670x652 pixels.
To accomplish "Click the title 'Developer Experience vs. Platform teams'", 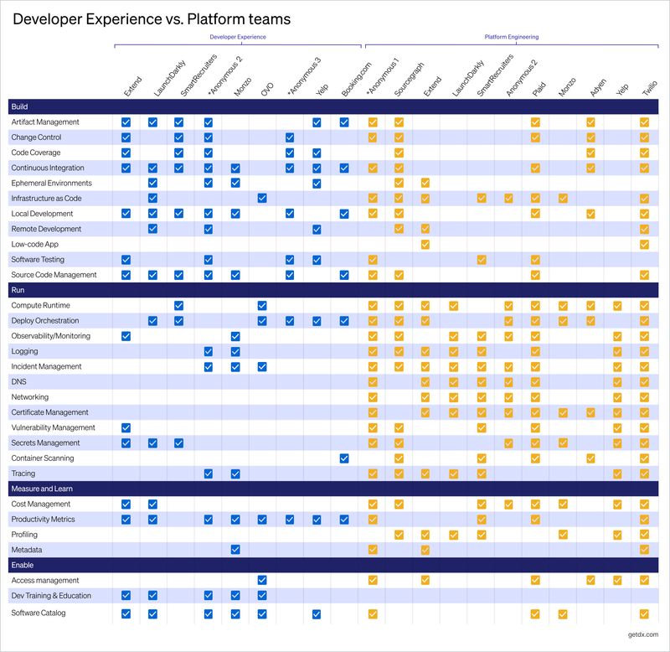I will (x=152, y=18).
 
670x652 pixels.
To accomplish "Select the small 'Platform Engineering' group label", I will (x=512, y=38).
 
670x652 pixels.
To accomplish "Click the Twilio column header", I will (x=649, y=87).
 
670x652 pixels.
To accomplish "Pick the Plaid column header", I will (x=540, y=89).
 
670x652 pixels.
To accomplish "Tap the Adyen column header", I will (x=595, y=88).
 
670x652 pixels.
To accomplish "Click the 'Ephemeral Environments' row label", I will (x=51, y=184).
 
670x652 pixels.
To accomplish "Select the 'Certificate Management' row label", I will (x=49, y=412).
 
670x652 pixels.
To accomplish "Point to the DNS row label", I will (x=18, y=382).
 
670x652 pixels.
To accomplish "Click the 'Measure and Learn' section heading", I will (x=39, y=489).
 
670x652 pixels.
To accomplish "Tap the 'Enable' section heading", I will (x=22, y=565).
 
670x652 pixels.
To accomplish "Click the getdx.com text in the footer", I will (x=642, y=636).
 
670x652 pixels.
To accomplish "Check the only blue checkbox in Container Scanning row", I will (x=344, y=458).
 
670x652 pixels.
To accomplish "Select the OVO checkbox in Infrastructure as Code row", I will (x=262, y=199).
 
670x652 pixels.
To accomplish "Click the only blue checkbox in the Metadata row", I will (x=235, y=550).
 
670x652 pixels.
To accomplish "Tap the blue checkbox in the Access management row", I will (x=262, y=580).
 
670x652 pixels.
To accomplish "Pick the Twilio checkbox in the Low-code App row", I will (x=644, y=245).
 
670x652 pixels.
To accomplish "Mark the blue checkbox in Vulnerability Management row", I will (x=126, y=428).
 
